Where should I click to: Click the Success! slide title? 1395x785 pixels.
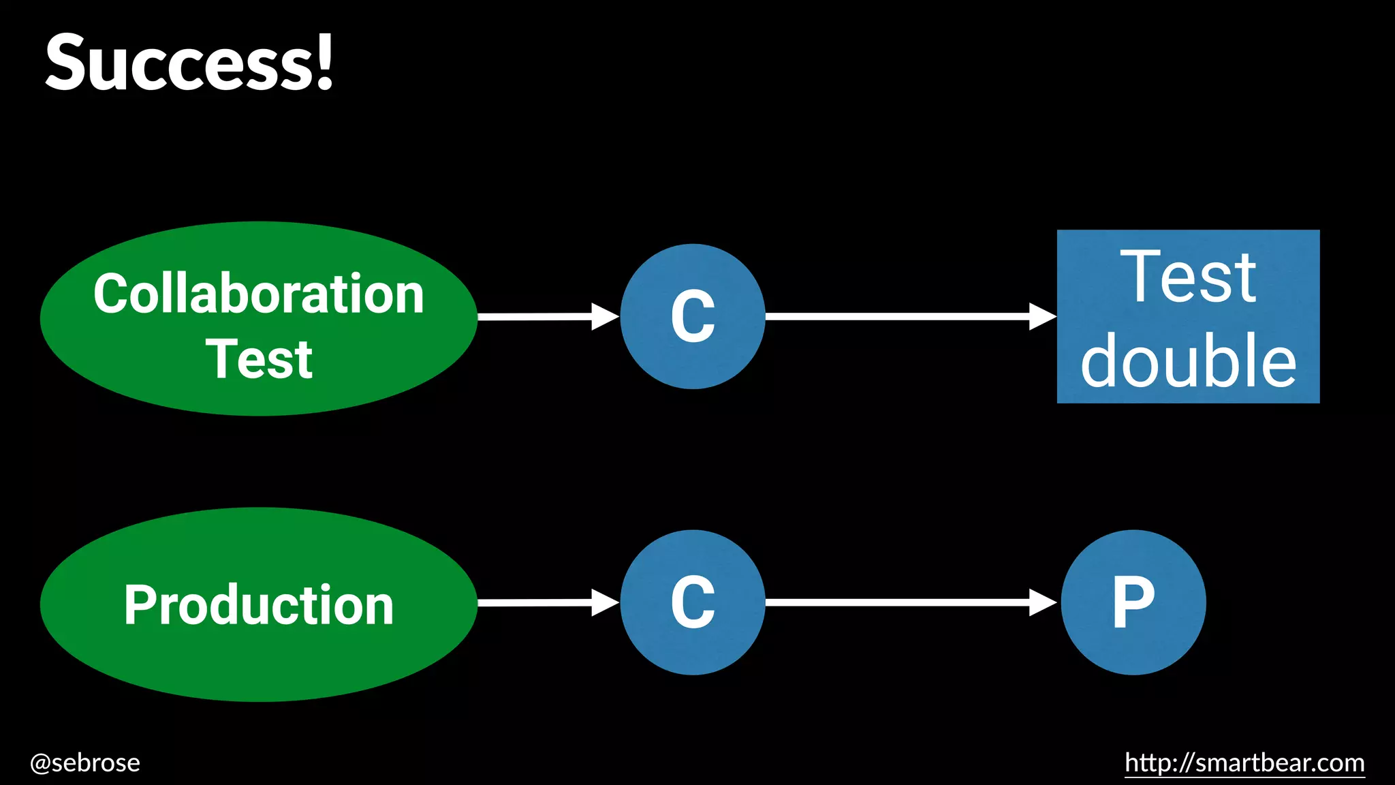189,63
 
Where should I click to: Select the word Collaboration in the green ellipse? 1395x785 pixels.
259,294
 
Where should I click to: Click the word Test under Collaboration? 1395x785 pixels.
259,359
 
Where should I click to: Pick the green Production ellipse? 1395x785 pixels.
259,604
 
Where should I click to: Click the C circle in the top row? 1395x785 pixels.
692,316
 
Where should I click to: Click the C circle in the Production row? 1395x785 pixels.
692,602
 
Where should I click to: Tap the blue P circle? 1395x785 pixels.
1133,602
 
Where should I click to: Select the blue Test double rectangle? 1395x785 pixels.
1188,316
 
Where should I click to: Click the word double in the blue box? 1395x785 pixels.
1188,361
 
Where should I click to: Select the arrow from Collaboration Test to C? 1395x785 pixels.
545,316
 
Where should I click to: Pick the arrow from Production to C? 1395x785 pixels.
545,602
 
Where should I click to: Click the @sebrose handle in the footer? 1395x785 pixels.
85,763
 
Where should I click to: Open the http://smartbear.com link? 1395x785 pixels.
1244,763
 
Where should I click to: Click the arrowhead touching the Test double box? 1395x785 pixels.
1042,316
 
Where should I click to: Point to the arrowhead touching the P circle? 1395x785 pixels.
1042,602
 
